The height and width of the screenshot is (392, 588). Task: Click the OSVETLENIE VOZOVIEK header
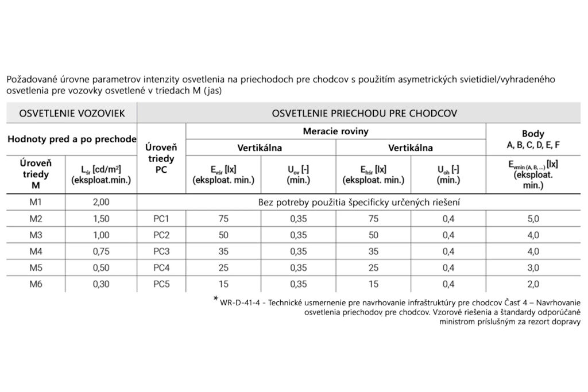pyautogui.click(x=72, y=113)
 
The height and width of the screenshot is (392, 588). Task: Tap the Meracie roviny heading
pyautogui.click(x=335, y=131)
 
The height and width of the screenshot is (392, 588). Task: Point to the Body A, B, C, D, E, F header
pyautogui.click(x=533, y=139)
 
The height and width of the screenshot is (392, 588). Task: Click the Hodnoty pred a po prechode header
pyautogui.click(x=72, y=139)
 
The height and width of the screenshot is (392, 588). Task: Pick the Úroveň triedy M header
pyautogui.click(x=36, y=174)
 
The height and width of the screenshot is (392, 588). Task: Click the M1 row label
pyautogui.click(x=36, y=202)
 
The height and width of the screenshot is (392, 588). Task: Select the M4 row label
pyautogui.click(x=36, y=250)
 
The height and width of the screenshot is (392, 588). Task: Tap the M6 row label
pyautogui.click(x=36, y=283)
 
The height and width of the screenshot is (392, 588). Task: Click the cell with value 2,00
pyautogui.click(x=100, y=202)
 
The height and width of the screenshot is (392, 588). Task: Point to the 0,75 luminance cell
pyautogui.click(x=100, y=250)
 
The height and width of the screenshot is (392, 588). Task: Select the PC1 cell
pyautogui.click(x=161, y=219)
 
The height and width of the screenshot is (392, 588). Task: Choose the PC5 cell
pyautogui.click(x=161, y=283)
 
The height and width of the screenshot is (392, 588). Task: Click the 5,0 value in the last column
pyautogui.click(x=533, y=219)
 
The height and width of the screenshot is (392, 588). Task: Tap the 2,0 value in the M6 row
pyautogui.click(x=533, y=283)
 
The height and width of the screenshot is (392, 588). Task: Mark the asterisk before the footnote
pyautogui.click(x=216, y=299)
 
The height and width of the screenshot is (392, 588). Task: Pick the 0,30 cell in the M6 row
pyautogui.click(x=100, y=283)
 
